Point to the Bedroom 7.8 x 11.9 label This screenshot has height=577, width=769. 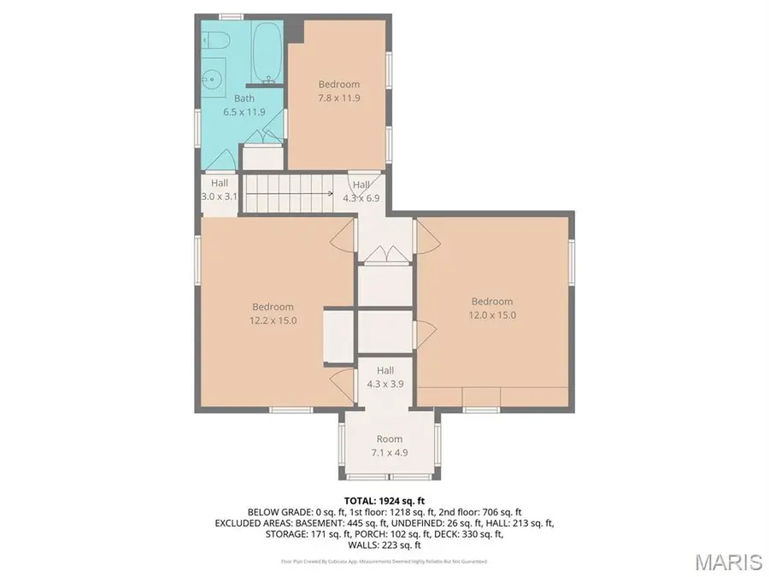point(338,91)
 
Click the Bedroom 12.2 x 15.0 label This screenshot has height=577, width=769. point(273,314)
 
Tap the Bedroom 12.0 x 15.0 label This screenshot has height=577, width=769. point(492,308)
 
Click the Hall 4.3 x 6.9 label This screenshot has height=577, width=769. point(361,191)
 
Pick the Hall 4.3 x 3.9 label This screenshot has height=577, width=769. point(384,377)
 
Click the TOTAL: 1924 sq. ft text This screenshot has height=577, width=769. point(384,499)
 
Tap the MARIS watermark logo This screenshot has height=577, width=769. point(728,562)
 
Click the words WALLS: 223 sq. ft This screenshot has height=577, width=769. point(384,545)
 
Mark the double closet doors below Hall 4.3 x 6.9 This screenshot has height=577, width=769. point(384,254)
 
